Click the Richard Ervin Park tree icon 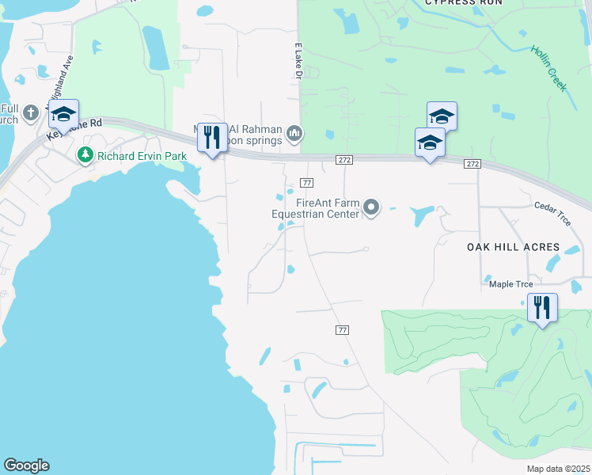(x=85, y=155)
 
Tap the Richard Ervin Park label (x=142, y=156)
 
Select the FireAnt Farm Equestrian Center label (x=315, y=208)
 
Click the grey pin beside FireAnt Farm (x=371, y=208)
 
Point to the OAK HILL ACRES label (x=512, y=247)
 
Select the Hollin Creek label (x=548, y=68)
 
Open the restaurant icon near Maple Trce (x=542, y=307)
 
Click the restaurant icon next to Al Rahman (x=211, y=137)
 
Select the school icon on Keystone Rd (x=63, y=116)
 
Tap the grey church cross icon (x=31, y=112)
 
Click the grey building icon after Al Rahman (x=294, y=133)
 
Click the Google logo (x=27, y=465)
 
